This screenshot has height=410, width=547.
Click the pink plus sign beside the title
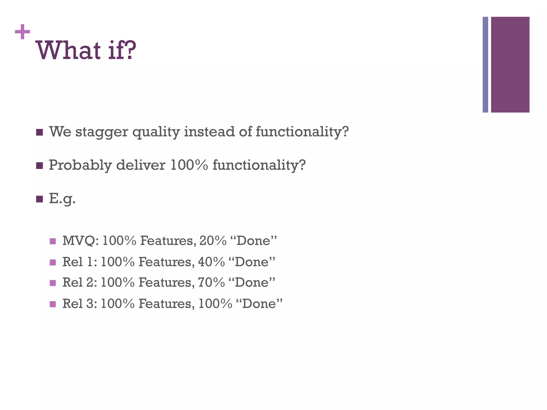(22, 32)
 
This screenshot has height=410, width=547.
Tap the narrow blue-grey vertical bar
(485, 65)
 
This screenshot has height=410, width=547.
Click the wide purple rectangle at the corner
(510, 65)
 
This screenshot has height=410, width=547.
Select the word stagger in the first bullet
(101, 132)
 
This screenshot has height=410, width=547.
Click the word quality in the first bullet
(156, 132)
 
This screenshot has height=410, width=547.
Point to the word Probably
(80, 165)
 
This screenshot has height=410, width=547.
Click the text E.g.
(62, 199)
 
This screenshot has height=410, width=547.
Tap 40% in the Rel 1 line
(211, 262)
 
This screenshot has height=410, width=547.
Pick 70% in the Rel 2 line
(211, 283)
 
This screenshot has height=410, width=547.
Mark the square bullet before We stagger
(40, 132)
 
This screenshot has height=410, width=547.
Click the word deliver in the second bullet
(141, 165)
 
